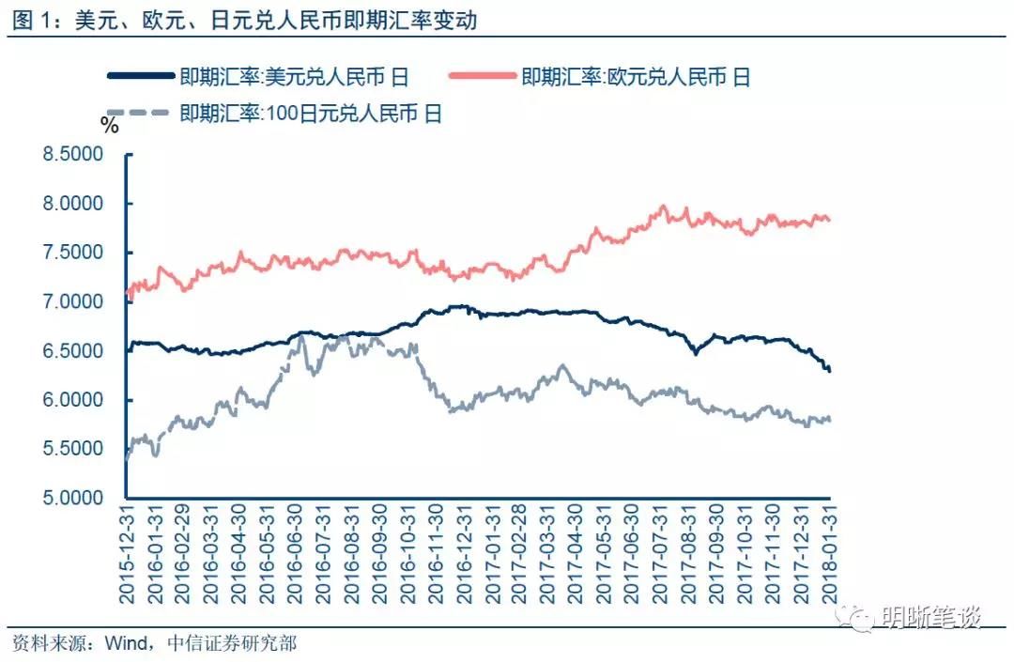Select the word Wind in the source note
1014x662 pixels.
tap(124, 643)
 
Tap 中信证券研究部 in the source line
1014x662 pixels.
tap(231, 643)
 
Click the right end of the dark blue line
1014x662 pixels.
tap(830, 370)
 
